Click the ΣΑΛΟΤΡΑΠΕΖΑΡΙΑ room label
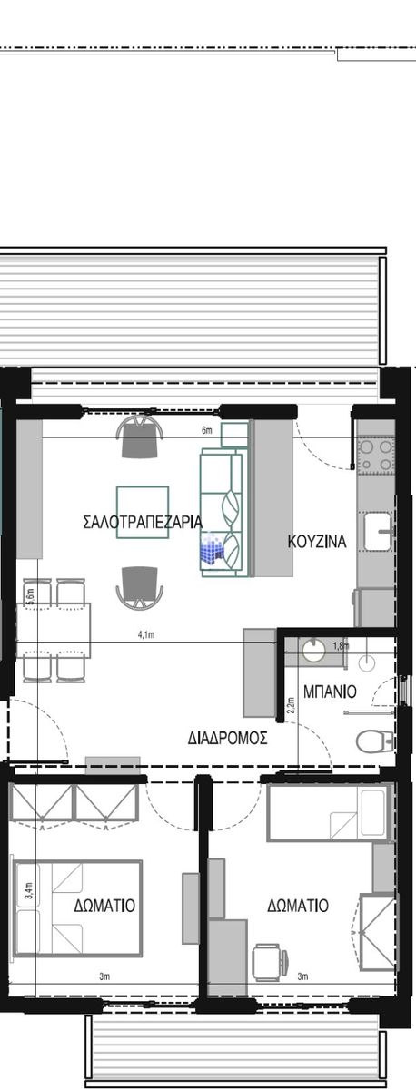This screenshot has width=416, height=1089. (143, 522)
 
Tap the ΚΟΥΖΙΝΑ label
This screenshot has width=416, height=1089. (317, 541)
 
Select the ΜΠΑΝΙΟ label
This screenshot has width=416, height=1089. (330, 692)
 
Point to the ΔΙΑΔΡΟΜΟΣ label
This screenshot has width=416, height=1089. (228, 738)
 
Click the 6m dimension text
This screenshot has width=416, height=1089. (207, 430)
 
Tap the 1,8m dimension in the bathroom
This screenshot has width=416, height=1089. (342, 646)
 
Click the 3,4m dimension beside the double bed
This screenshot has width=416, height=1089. (29, 891)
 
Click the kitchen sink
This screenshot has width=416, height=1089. (378, 531)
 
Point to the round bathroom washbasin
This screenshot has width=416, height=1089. (313, 651)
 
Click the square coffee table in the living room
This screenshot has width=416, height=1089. (143, 513)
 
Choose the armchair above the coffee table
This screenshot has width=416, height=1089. (140, 437)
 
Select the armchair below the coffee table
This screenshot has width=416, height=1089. (140, 587)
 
